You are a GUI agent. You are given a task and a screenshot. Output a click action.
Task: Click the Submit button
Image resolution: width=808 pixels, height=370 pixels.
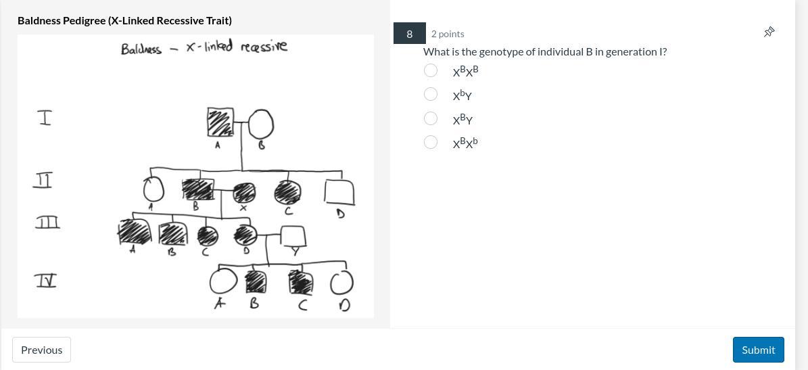pos(758,350)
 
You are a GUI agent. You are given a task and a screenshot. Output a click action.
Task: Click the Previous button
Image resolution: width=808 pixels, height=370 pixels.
pos(42,350)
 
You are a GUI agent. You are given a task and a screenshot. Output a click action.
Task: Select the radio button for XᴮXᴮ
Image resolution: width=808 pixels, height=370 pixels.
pos(431,70)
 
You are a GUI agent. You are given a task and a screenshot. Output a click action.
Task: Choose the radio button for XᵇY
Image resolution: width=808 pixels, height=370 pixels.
pos(431,94)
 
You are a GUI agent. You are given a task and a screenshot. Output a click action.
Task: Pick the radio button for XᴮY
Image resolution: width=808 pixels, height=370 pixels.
pos(431,118)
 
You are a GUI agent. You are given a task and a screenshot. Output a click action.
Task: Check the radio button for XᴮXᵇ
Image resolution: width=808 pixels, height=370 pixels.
pos(431,142)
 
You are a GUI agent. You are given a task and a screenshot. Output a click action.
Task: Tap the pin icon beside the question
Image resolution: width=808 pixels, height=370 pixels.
pos(769,32)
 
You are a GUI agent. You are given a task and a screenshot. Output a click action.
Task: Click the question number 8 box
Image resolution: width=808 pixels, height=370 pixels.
pos(410,34)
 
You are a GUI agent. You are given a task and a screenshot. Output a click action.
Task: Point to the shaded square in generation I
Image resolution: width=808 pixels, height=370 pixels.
pos(220,122)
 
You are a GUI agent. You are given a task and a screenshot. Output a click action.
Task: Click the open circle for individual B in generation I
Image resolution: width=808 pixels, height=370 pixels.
pos(249,124)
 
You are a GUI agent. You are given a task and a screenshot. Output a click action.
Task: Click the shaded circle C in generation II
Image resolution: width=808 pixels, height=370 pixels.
pos(287,192)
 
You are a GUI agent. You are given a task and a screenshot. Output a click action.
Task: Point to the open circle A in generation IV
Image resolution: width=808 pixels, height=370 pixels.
pos(211,282)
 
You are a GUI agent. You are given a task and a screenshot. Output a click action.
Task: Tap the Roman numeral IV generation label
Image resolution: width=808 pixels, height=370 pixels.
pos(45,281)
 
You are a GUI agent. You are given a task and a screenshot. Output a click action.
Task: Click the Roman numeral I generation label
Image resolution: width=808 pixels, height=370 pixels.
pos(45,118)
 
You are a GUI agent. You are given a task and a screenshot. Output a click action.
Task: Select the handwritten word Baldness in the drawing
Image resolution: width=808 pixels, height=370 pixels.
pos(141,49)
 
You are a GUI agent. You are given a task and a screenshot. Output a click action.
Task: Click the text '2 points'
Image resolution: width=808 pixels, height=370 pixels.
pos(448,34)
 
